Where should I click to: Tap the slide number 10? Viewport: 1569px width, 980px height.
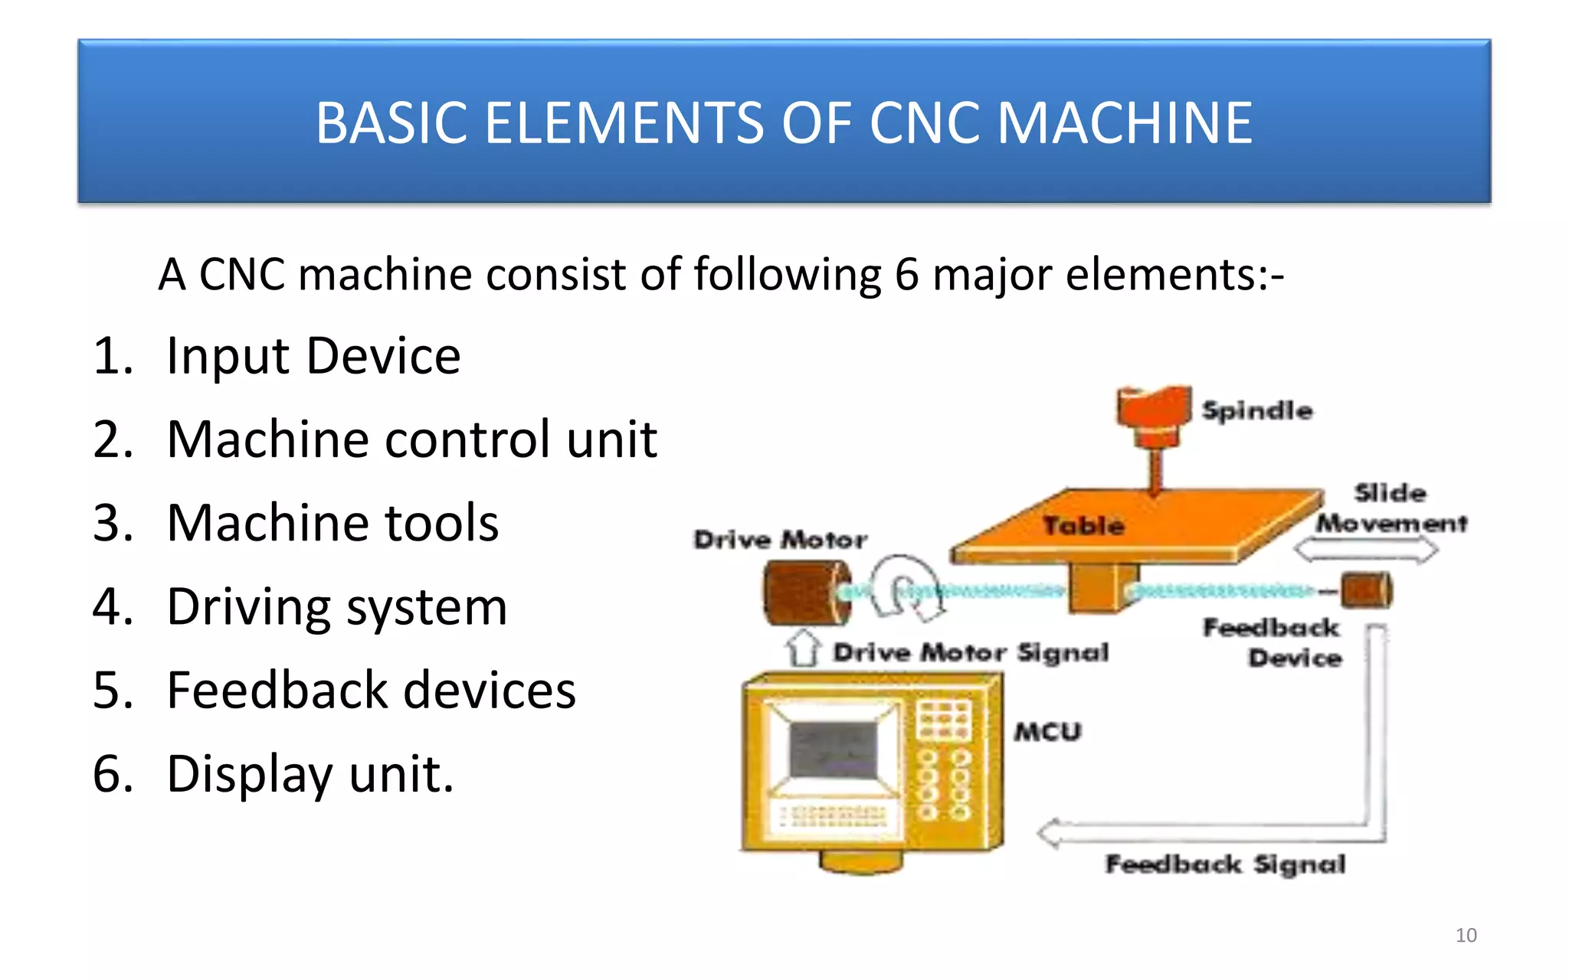[1466, 935]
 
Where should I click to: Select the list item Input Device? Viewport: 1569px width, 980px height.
[313, 356]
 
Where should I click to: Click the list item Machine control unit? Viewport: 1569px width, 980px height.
[411, 439]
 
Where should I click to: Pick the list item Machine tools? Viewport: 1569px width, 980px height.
[332, 523]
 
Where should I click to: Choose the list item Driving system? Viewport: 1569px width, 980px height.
[337, 606]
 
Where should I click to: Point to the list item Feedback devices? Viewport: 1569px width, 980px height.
[371, 690]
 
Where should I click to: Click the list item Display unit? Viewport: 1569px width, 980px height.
[310, 773]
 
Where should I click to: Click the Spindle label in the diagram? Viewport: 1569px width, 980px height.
[1256, 410]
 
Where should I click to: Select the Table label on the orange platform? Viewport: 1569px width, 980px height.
[1083, 526]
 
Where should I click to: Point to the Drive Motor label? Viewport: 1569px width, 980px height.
[780, 540]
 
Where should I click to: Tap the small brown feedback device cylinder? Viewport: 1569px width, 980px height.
[1366, 590]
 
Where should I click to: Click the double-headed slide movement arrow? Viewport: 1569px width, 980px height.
[1366, 550]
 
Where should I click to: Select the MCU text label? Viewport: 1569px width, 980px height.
[1047, 732]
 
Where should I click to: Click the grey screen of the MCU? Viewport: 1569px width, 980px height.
[833, 748]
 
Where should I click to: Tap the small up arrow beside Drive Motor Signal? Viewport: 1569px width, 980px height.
[802, 649]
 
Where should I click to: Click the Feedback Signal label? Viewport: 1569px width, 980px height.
[1224, 864]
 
